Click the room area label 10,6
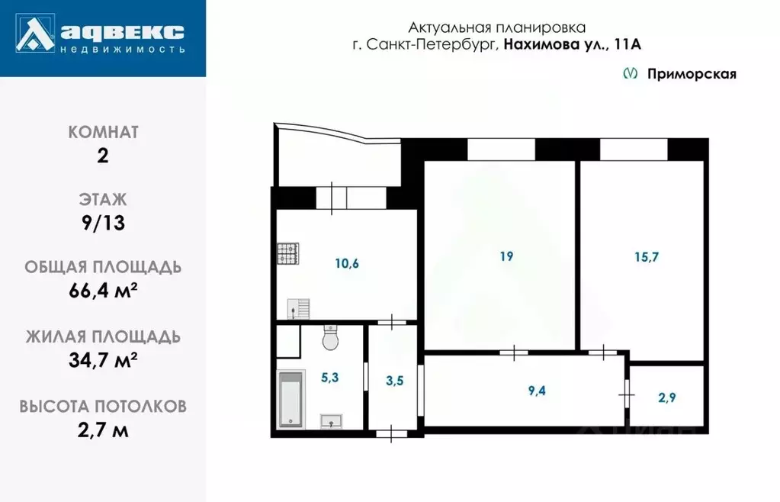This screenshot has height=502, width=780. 347,264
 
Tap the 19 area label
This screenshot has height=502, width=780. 506,256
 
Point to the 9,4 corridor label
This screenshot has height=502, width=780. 537,392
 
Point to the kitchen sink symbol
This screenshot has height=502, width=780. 298,308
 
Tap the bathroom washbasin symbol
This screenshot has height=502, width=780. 331,420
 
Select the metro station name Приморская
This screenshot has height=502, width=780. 692,74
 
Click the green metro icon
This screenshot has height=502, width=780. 631,74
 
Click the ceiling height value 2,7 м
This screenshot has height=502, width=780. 103,430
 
